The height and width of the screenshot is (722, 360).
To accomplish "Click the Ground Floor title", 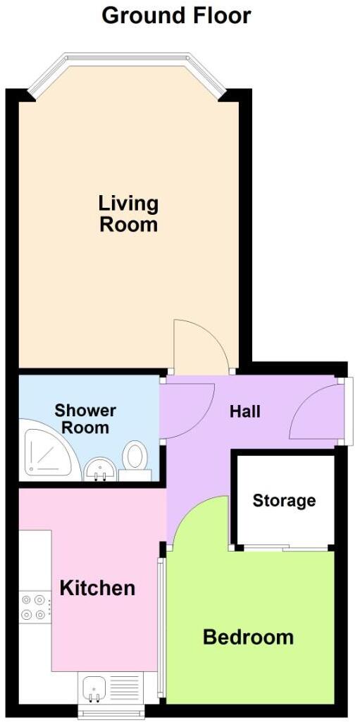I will click(176, 15).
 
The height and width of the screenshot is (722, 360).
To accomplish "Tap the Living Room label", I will click(128, 214).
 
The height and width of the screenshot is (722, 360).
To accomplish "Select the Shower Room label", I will click(85, 418).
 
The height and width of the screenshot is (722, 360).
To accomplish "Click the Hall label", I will click(245, 411).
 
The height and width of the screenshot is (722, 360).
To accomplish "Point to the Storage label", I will click(284, 501).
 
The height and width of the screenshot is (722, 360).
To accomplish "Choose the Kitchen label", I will click(97, 587).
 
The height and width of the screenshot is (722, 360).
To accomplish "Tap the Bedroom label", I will click(248, 637).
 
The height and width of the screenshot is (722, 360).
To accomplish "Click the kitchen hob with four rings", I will click(34, 607).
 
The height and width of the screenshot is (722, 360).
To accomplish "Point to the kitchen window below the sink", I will click(111, 713).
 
